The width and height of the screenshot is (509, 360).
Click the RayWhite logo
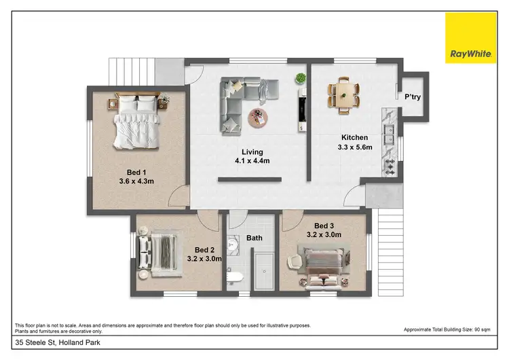click(x=470, y=38)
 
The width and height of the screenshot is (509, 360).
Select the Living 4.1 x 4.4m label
click(x=252, y=156)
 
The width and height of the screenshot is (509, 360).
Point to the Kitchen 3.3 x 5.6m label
click(x=355, y=141)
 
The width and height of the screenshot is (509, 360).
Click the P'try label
click(x=413, y=97)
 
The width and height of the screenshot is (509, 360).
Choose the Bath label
click(x=254, y=238)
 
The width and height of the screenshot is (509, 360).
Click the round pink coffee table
click(x=259, y=117)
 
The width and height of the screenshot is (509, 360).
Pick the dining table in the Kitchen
click(x=344, y=94)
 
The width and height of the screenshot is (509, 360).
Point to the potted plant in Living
click(x=300, y=79)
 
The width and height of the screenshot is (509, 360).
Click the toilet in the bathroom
click(x=235, y=278)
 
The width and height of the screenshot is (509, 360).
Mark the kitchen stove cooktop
click(x=391, y=167)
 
